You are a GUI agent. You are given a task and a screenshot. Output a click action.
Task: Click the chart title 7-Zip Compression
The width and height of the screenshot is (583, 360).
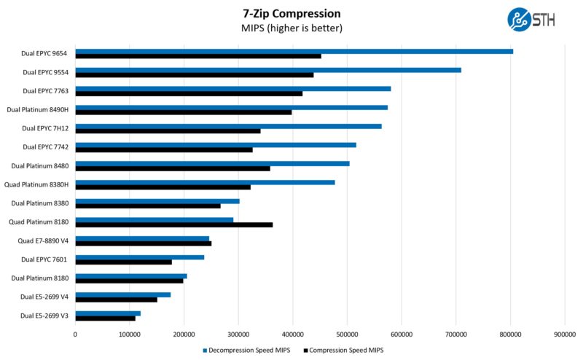(291, 13)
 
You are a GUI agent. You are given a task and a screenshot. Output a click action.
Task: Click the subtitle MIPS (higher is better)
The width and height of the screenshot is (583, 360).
(291, 28)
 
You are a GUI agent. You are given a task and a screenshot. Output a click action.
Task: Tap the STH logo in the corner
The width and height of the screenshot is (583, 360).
(531, 20)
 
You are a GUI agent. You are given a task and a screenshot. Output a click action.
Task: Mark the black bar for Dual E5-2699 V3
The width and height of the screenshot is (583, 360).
(105, 318)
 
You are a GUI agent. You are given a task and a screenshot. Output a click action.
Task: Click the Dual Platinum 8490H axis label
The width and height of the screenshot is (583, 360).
(38, 110)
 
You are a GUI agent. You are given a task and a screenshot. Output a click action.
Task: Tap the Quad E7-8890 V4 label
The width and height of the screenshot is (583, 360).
(43, 240)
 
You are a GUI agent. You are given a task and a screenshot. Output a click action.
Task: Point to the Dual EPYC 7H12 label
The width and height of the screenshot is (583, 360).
(45, 128)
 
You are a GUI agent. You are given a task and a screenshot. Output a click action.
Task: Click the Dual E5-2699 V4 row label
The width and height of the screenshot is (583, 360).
(44, 297)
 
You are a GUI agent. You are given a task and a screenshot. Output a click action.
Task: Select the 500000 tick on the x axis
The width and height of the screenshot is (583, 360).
(347, 334)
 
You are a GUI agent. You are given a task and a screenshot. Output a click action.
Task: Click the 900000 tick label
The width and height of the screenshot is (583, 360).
(565, 334)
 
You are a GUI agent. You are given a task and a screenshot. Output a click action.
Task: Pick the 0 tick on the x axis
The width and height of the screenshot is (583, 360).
(75, 334)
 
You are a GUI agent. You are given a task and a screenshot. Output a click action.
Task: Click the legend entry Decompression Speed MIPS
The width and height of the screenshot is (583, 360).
(251, 350)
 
